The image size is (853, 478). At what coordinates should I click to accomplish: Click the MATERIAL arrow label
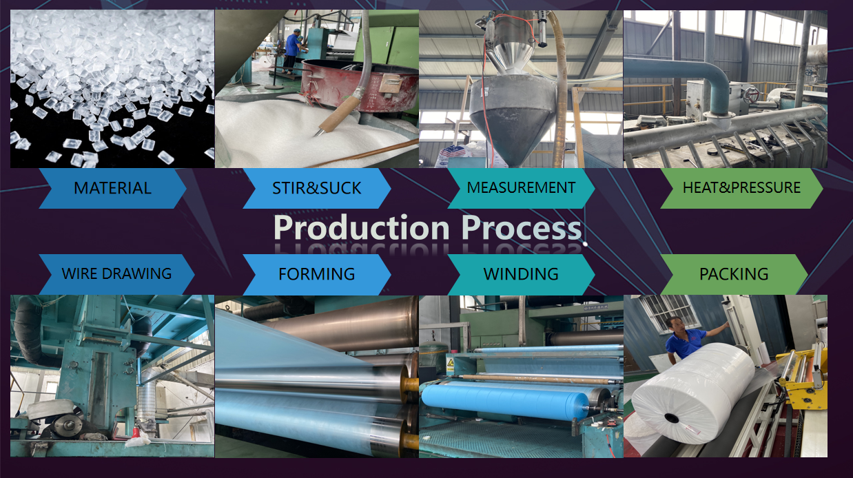click(x=113, y=189)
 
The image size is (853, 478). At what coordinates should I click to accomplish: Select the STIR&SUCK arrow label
click(x=317, y=189)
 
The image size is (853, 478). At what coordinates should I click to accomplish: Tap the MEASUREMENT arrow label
click(x=521, y=189)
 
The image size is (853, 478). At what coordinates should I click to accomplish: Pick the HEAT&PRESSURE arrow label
click(x=742, y=189)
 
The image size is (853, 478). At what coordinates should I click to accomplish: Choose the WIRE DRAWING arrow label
click(x=116, y=274)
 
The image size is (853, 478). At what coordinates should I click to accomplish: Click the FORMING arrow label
click(x=317, y=274)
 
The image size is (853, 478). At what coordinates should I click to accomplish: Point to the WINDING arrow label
click(x=521, y=274)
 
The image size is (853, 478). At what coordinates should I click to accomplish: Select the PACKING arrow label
click(x=734, y=274)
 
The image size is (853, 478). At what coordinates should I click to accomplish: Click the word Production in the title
click(x=362, y=229)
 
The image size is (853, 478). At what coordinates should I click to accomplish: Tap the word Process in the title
click(x=522, y=229)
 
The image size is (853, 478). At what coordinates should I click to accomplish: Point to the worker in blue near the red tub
click(x=292, y=53)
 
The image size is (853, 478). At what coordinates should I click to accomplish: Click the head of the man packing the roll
click(x=675, y=324)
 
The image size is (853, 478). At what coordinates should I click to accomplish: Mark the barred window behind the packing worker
click(x=670, y=313)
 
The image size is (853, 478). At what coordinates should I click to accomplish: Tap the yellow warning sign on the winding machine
click(x=451, y=362)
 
